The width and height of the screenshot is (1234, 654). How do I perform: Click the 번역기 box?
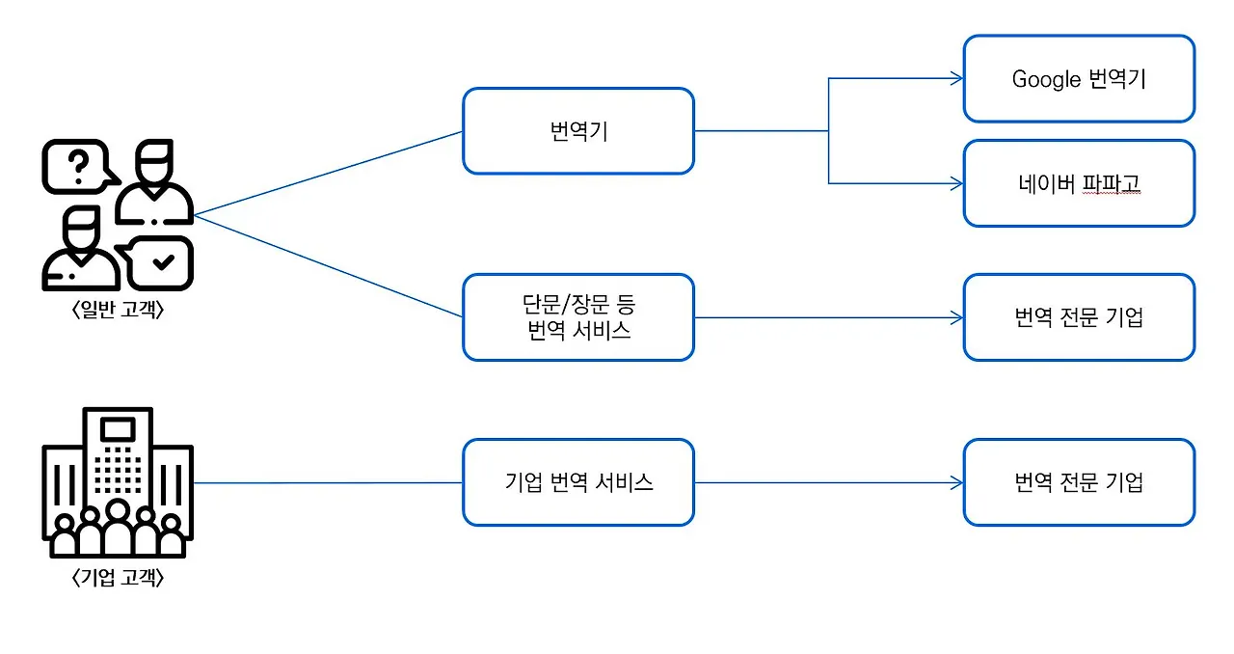click(577, 131)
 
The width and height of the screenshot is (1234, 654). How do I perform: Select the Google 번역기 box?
click(1079, 79)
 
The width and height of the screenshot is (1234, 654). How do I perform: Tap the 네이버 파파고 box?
click(1079, 183)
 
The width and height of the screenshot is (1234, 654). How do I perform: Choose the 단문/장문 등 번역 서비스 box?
click(577, 317)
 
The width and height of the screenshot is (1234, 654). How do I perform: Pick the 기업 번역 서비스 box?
click(577, 482)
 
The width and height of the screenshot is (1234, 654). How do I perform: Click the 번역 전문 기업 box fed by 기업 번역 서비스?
click(1079, 482)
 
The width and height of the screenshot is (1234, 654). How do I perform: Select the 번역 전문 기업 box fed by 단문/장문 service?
click(1079, 317)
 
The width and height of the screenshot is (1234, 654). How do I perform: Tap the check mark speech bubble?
click(161, 261)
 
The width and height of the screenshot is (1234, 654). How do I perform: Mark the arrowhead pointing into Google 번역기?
click(956, 79)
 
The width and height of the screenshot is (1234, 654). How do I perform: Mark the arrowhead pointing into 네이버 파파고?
click(956, 183)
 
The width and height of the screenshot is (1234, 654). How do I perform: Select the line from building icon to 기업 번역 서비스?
click(328, 482)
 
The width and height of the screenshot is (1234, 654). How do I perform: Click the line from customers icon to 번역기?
click(328, 174)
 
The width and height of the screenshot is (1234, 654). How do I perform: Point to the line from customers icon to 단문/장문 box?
click(328, 266)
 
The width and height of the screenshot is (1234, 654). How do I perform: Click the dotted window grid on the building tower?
click(118, 470)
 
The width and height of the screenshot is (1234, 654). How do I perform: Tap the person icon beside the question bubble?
click(153, 183)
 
